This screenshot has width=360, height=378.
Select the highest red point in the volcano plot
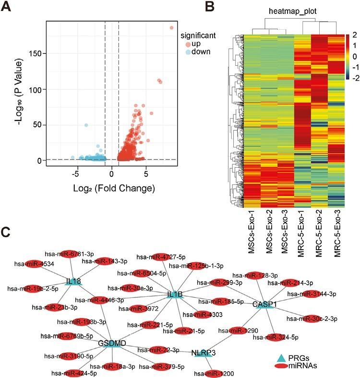point(171,28)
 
